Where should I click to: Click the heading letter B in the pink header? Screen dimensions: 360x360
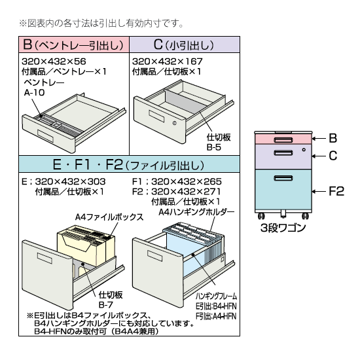pos(27,45)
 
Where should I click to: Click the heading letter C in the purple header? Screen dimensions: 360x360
pos(158,45)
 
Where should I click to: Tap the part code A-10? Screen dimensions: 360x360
pos(34,94)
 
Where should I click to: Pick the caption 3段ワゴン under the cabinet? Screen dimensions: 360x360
pos(283,228)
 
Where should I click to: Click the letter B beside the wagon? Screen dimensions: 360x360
pos(333,138)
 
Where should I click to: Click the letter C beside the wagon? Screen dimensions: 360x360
pos(333,155)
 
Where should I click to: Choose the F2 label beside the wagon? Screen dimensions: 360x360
pos(336,191)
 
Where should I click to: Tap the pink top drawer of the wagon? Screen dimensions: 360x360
pos(283,139)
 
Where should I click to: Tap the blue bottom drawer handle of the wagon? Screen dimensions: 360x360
pos(283,179)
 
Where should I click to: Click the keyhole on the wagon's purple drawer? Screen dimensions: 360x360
pos(304,150)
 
